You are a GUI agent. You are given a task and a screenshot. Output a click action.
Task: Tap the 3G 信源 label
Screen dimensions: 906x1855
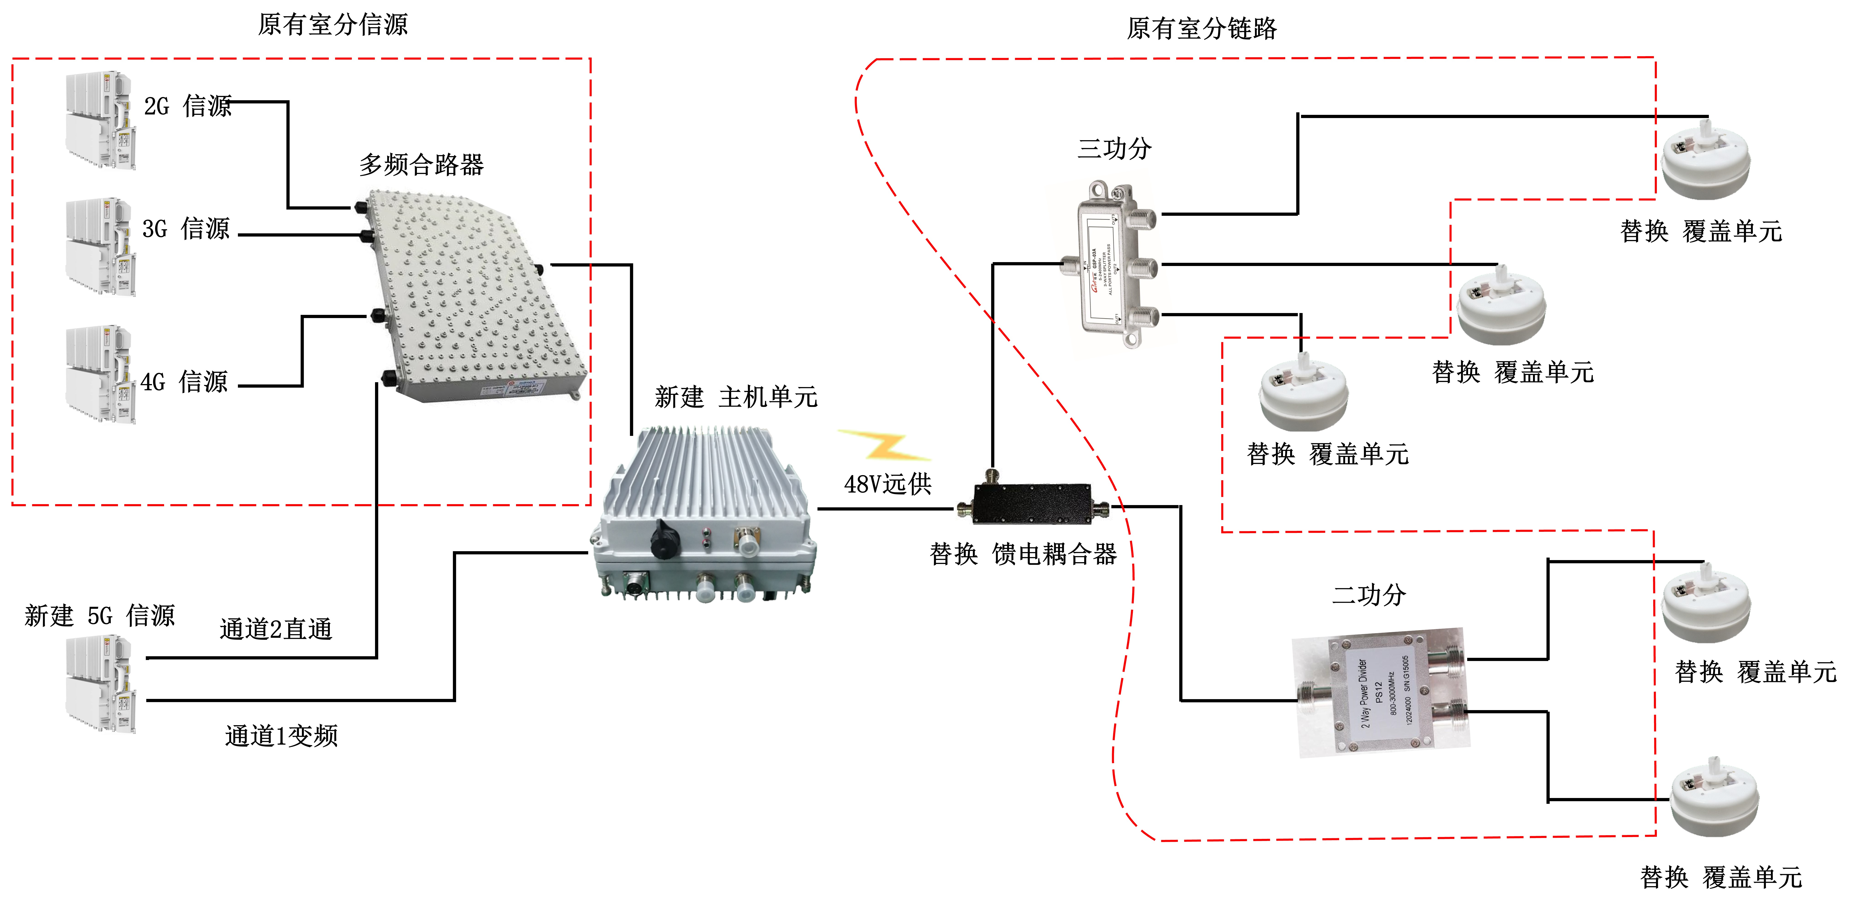(186, 229)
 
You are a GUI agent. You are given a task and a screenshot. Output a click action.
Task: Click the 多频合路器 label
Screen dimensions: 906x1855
(421, 165)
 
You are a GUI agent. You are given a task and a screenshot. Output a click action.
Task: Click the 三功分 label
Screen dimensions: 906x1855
(1114, 149)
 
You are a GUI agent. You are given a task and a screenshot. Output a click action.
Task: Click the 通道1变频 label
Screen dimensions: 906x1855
(281, 735)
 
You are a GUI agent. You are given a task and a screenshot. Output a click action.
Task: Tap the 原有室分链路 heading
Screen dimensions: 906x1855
(1201, 29)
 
